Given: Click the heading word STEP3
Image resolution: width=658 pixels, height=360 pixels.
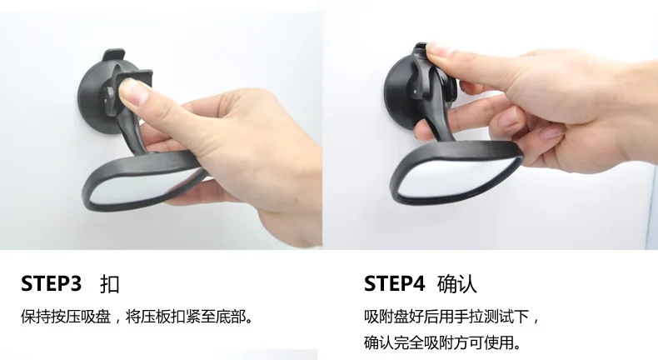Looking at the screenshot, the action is (51, 283).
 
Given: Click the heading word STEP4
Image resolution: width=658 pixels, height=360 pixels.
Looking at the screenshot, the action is (395, 283).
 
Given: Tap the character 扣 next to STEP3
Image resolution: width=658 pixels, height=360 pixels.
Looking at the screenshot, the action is (110, 284).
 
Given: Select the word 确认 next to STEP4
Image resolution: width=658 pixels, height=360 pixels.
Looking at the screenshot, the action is (457, 284).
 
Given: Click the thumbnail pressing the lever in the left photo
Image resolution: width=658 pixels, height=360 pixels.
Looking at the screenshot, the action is (133, 91).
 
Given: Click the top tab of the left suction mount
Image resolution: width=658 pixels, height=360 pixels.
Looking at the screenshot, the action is (113, 54).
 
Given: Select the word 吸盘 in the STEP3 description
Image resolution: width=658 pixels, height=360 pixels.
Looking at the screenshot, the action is (96, 317).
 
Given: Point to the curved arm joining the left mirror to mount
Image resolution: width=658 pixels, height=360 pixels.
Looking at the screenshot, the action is (133, 133).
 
